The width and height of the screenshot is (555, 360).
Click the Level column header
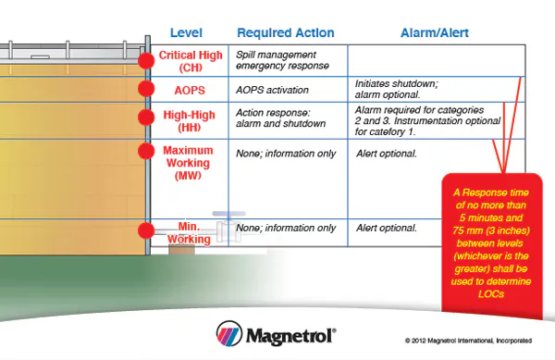click(187, 32)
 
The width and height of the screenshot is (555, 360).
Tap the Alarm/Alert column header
click(435, 32)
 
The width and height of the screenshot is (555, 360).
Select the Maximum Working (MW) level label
click(188, 162)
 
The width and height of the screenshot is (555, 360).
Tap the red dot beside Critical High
click(145, 60)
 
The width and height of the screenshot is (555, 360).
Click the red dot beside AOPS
click(145, 89)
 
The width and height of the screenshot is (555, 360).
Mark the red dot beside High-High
click(145, 118)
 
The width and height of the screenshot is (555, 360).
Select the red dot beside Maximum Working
click(145, 150)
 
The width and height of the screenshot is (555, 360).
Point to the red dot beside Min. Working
click(145, 230)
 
